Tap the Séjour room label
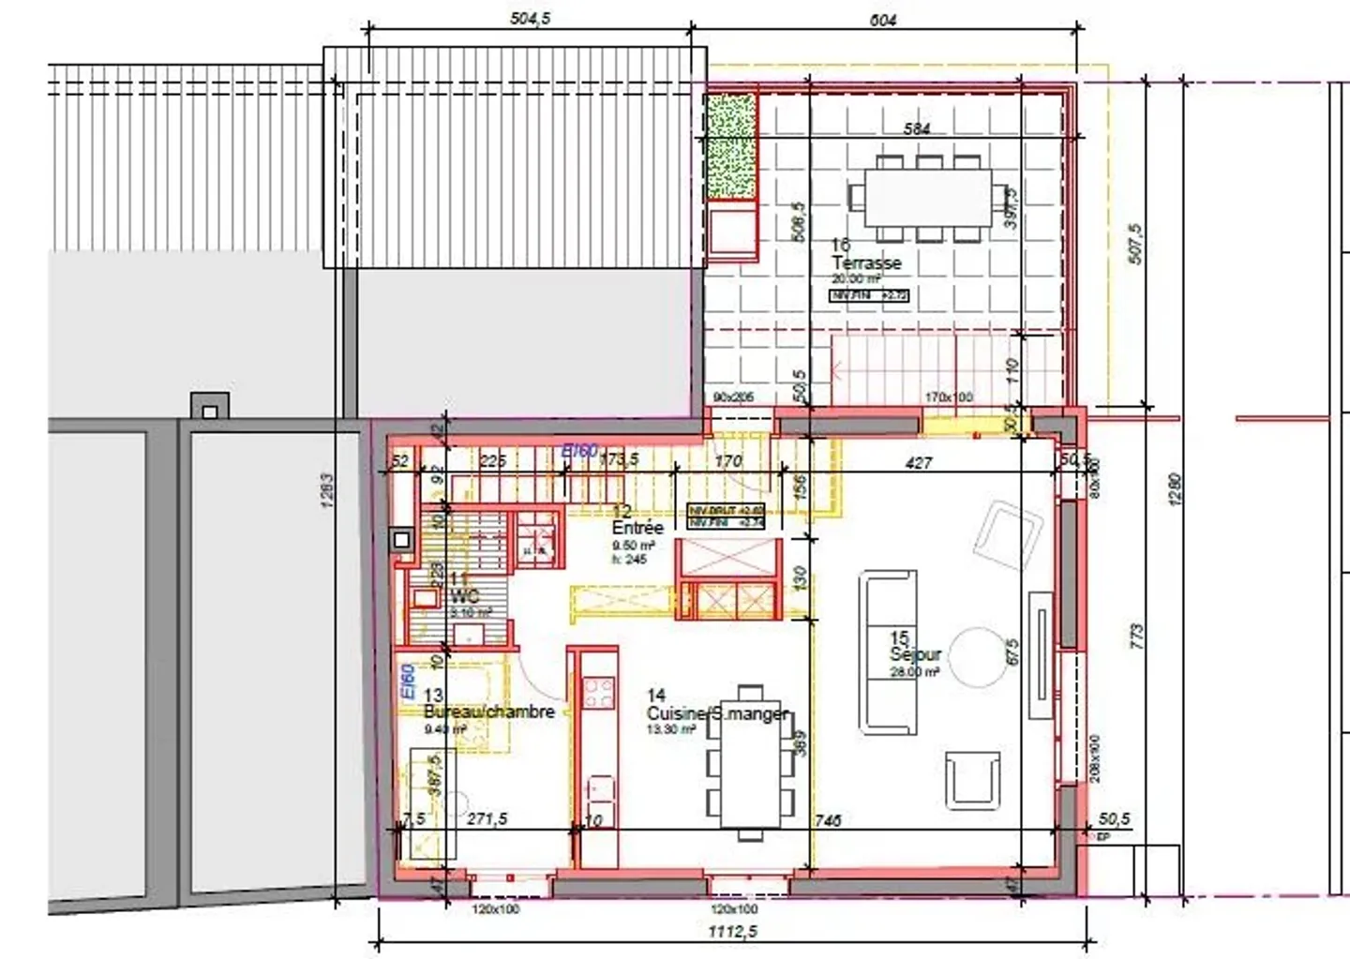tap(915, 655)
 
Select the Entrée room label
tap(637, 528)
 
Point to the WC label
tap(466, 596)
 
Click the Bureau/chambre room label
tap(488, 712)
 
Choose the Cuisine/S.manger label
tap(717, 713)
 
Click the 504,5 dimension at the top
tap(528, 18)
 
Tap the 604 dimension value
tap(883, 18)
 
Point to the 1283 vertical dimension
tap(327, 489)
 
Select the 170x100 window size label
tap(948, 397)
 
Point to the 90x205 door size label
tap(734, 397)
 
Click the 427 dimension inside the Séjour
tap(919, 462)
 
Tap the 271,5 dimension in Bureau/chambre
tap(487, 818)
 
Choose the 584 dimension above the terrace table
tap(916, 128)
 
